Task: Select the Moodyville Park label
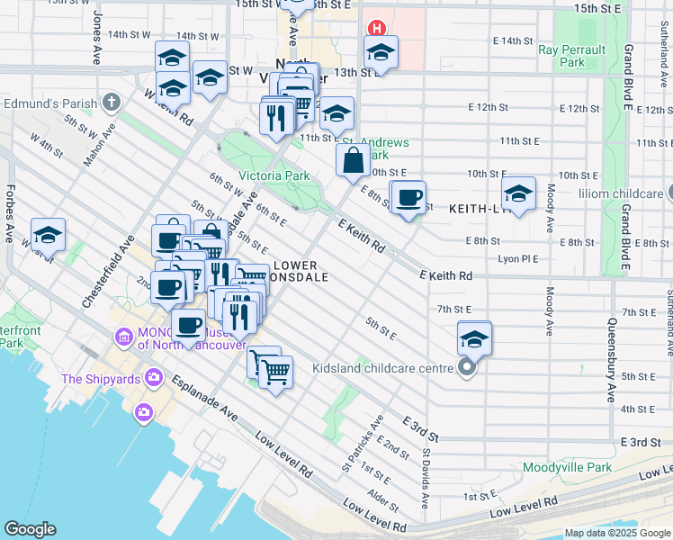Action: click(x=567, y=467)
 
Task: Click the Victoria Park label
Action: click(x=274, y=175)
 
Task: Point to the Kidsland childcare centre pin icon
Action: click(x=466, y=367)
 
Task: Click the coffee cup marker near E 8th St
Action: click(x=408, y=198)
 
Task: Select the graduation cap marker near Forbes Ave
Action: click(x=49, y=236)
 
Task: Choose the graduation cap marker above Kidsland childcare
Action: click(x=474, y=339)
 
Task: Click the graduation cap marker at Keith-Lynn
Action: click(x=518, y=194)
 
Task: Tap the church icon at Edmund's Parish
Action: click(x=112, y=103)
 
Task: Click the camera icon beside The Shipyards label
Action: click(x=155, y=378)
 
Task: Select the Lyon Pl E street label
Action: click(x=518, y=258)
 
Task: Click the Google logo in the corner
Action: click(x=31, y=529)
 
